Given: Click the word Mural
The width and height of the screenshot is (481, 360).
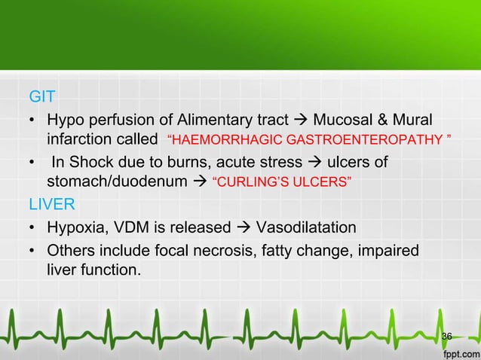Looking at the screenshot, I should (412, 121).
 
